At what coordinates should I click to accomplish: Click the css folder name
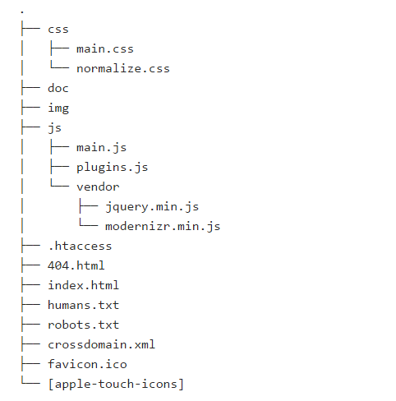point(58,30)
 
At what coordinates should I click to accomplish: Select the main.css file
point(105,49)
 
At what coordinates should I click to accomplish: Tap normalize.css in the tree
point(123,68)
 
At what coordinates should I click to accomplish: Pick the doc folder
point(58,88)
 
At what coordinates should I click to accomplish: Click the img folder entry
point(58,108)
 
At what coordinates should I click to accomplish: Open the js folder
point(54,128)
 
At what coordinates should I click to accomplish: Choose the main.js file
point(101,148)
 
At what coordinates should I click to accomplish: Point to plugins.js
point(113,168)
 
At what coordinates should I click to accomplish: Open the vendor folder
point(98,187)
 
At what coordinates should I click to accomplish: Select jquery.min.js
point(152,207)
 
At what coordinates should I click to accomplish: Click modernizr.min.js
point(163,227)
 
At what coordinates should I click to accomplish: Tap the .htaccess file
point(80,246)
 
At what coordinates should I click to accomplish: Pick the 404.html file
point(76,265)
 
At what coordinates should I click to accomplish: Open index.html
point(84,285)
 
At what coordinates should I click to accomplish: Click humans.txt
point(84,305)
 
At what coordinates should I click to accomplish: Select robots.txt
point(84,325)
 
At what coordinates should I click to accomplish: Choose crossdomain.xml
point(102,344)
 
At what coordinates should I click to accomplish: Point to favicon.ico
point(87,364)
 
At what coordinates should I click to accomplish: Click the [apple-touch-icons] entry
point(116,384)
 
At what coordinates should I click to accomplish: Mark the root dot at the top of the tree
point(22,12)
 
